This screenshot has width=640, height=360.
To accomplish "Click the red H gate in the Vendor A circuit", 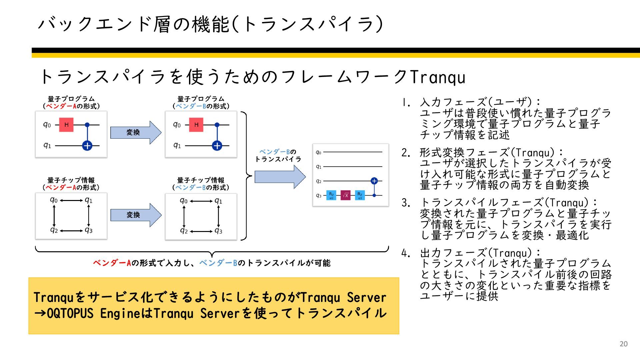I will [x=66, y=125].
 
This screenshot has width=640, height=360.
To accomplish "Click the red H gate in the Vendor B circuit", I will [x=196, y=125].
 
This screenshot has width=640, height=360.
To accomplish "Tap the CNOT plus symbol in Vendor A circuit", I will [x=87, y=146].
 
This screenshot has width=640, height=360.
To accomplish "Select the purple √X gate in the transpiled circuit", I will [x=346, y=195].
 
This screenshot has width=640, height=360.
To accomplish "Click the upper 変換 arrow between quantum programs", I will [x=135, y=132].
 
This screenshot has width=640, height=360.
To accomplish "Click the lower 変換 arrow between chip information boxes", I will [x=135, y=215].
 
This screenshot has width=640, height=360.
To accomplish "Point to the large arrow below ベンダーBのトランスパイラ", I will [x=279, y=177].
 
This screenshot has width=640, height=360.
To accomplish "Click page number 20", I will [x=623, y=344].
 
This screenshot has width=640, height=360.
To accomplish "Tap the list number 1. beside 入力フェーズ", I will [x=406, y=103].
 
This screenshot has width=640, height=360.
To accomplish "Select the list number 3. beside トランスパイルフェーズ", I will [x=406, y=203].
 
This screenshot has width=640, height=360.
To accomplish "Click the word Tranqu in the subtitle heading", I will [x=438, y=77].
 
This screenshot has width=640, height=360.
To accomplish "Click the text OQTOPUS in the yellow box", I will [x=70, y=314].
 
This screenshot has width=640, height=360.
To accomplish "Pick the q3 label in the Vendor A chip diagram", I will [x=89, y=230].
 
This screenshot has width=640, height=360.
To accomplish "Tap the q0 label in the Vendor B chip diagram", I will [x=183, y=201].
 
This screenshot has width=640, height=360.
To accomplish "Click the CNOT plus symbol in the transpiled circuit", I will [x=374, y=181].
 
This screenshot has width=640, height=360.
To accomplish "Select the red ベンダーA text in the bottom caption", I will [x=112, y=263].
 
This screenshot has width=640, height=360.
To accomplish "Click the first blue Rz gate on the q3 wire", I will [x=331, y=195].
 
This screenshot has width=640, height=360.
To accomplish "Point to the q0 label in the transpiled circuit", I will [x=318, y=152].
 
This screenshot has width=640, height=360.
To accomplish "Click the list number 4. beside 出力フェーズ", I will [x=406, y=254].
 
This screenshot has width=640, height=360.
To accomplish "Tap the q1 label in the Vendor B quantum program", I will [x=177, y=145].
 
